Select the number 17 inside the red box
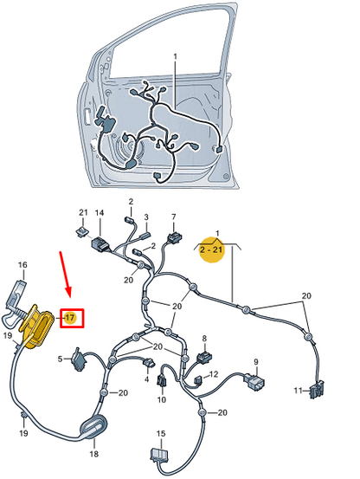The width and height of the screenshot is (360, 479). (x=72, y=318)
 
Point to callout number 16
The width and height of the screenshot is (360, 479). (x=23, y=265)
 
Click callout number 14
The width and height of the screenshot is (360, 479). (x=100, y=213)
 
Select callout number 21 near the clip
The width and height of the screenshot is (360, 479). (x=83, y=213)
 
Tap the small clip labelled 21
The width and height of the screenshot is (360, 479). (x=80, y=231)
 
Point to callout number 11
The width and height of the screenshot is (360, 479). (x=298, y=391)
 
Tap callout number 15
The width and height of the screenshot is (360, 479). (x=160, y=433)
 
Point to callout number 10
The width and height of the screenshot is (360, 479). (x=161, y=400)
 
